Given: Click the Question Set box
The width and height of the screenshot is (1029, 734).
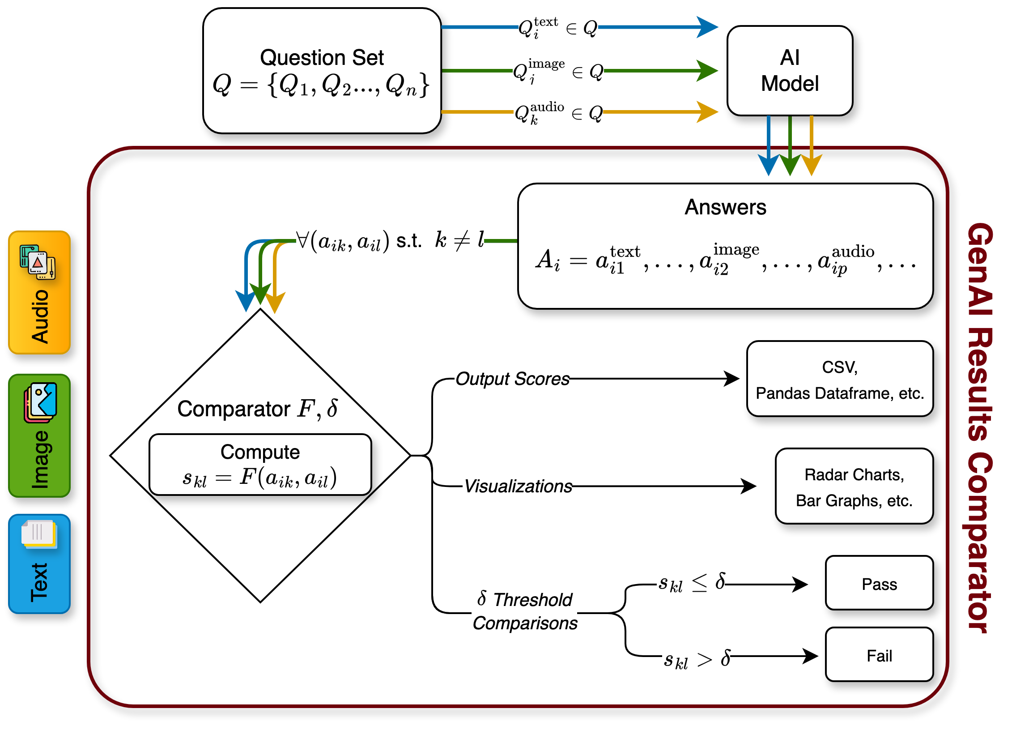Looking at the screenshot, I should tap(322, 71).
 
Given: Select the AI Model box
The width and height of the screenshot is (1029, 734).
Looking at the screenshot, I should tap(790, 71).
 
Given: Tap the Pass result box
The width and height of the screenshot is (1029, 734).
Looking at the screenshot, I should tap(879, 583).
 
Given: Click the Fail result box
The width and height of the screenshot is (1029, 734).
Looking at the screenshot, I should tap(879, 654).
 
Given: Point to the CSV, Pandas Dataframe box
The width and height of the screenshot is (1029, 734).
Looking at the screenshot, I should tap(840, 379).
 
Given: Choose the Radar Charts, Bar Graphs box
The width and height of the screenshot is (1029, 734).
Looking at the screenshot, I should tap(854, 486).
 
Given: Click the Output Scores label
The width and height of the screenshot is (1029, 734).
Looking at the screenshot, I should tap(511, 379).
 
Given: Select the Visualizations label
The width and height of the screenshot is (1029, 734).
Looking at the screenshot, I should tap(517, 487).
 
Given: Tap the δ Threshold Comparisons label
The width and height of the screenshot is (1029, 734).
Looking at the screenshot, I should tap(524, 612).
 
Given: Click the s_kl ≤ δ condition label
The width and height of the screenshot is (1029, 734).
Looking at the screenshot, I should tap(691, 583).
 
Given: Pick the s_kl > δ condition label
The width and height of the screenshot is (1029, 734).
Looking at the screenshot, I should tap(696, 660).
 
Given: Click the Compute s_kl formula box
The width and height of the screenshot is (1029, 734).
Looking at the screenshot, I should tap(260, 465).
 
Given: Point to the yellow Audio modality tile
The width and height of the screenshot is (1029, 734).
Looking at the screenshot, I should tap(39, 292).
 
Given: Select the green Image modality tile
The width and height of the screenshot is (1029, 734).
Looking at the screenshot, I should tap(39, 435).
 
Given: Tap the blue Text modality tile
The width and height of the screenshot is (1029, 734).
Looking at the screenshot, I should tap(39, 563).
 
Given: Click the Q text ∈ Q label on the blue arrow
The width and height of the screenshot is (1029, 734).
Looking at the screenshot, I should tap(558, 27).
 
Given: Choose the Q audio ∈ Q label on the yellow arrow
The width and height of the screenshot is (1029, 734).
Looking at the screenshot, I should tap(558, 113).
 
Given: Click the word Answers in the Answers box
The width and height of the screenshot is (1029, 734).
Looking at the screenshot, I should tap(725, 207).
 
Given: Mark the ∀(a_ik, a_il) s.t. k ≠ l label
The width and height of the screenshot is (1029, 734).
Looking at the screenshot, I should tap(389, 241).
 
